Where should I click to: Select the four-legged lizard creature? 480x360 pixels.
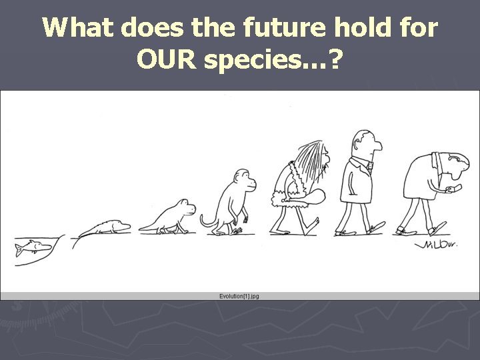click(x=167, y=217)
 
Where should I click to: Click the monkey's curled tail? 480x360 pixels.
click(x=206, y=221)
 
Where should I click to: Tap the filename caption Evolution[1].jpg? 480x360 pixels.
click(x=239, y=295)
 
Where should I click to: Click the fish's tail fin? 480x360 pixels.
click(x=19, y=251)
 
